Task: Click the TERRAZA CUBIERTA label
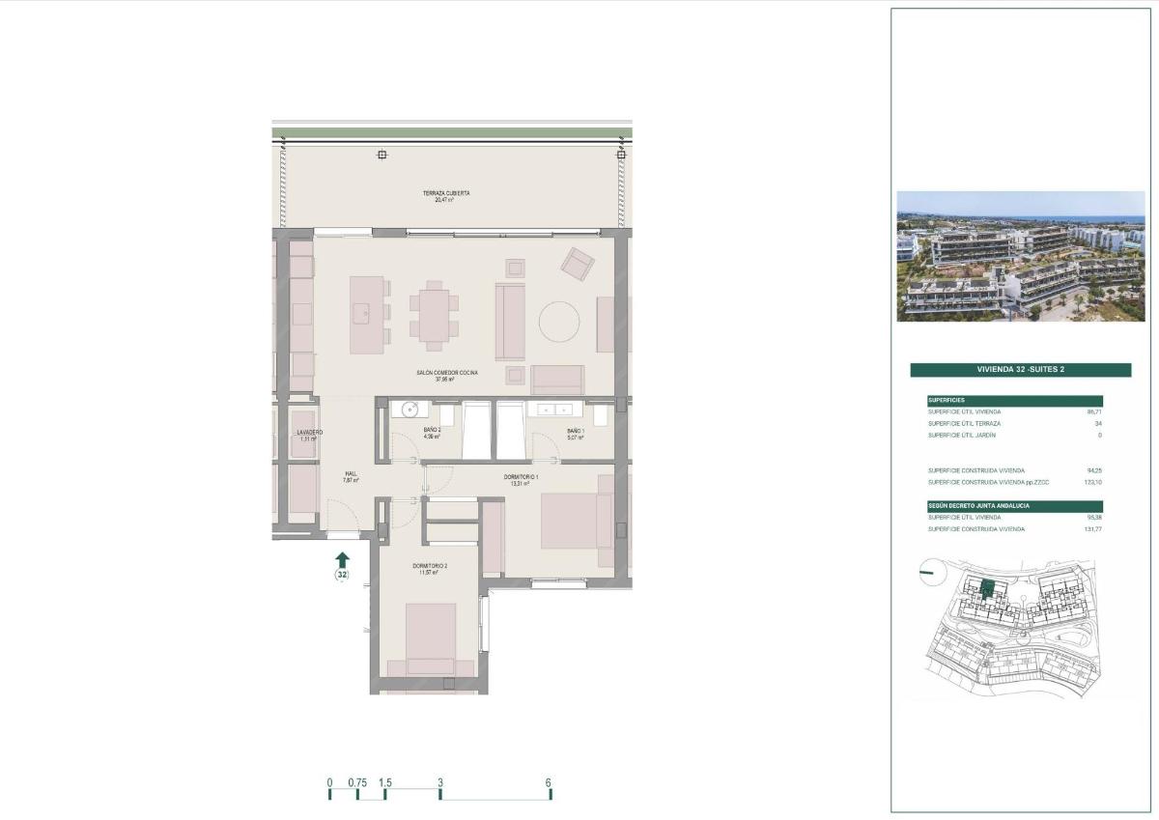pyautogui.click(x=446, y=193)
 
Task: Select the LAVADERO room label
pyautogui.click(x=309, y=433)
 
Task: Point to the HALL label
pyautogui.click(x=350, y=474)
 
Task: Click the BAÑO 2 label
pyautogui.click(x=432, y=431)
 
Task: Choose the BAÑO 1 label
pyautogui.click(x=575, y=431)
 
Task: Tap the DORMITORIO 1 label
pyautogui.click(x=522, y=477)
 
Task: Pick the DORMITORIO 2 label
pyautogui.click(x=430, y=566)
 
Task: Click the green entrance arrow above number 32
pyautogui.click(x=342, y=558)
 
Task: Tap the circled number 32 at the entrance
pyautogui.click(x=342, y=575)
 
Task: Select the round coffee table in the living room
pyautogui.click(x=560, y=322)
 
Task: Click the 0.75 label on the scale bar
pyautogui.click(x=357, y=782)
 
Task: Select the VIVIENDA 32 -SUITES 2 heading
pyautogui.click(x=1020, y=369)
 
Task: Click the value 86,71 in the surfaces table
pyautogui.click(x=1093, y=411)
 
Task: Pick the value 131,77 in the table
pyautogui.click(x=1091, y=529)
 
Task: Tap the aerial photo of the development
pyautogui.click(x=1020, y=256)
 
